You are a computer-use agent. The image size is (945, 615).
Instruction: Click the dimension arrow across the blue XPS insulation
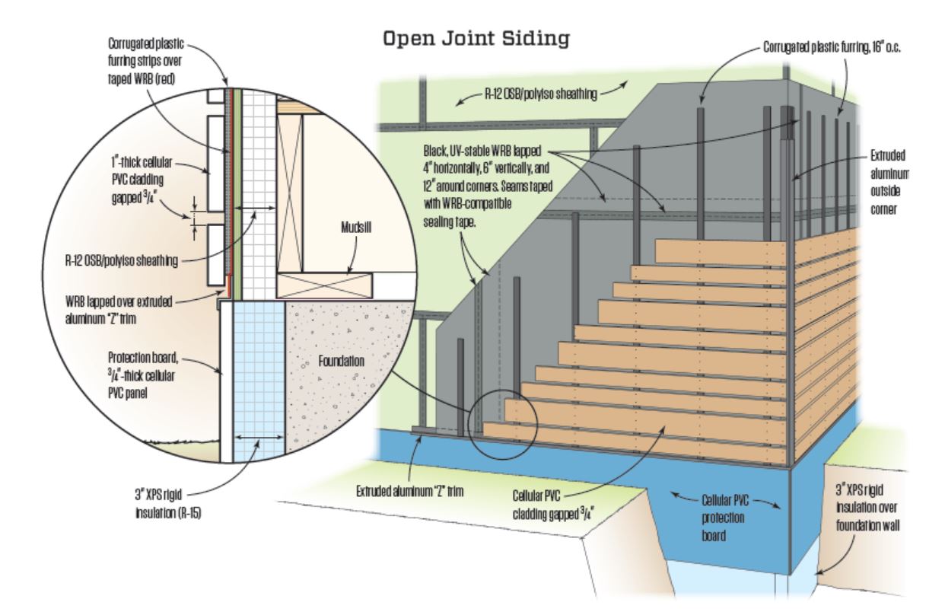(x=252, y=438)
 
